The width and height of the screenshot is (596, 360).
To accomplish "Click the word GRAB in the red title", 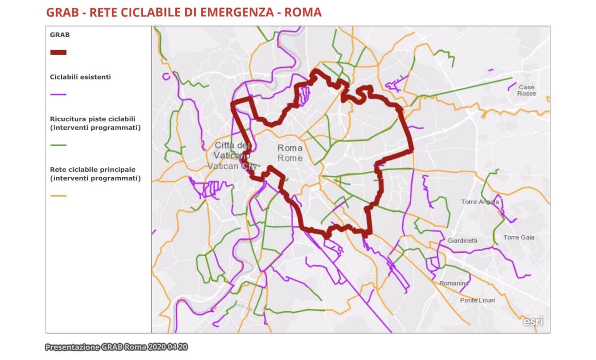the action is (x=63, y=12).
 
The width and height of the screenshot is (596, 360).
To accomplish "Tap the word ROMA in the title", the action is (x=302, y=12).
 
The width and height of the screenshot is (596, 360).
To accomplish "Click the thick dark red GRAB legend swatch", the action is (x=58, y=52).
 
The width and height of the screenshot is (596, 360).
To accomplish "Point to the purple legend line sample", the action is (x=58, y=94).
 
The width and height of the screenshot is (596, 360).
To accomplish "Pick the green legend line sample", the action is (x=58, y=145).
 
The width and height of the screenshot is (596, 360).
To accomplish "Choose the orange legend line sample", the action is (x=58, y=196).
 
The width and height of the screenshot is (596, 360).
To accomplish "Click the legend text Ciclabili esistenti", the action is (x=80, y=77).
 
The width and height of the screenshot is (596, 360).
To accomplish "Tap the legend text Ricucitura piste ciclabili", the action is (x=93, y=119).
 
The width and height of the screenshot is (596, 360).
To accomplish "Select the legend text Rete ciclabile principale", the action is (x=93, y=170).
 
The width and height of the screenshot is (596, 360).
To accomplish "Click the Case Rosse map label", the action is (x=526, y=90).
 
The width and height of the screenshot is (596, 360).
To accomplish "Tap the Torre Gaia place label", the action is (x=519, y=237).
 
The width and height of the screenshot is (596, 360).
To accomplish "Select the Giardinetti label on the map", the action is (x=462, y=240).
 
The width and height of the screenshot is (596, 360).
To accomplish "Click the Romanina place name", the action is (x=453, y=284).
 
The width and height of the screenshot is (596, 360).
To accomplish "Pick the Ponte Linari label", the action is (x=477, y=300).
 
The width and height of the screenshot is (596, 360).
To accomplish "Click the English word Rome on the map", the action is (x=290, y=158).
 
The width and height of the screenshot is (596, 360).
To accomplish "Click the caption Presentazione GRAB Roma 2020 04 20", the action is (x=116, y=347).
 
